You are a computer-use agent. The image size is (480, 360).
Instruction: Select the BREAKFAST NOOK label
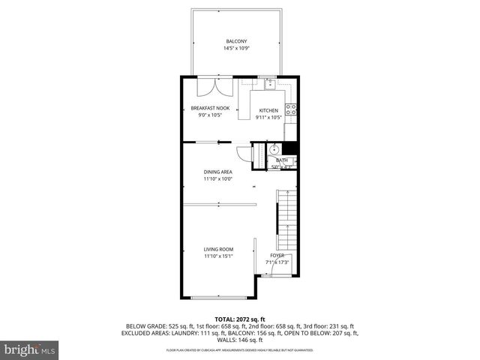(209, 109)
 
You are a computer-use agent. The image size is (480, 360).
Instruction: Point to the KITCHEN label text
(268, 110)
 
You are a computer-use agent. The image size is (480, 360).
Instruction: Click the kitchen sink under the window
(267, 83)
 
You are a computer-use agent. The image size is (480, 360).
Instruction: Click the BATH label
(282, 160)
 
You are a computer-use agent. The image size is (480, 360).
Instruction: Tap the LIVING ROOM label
(219, 249)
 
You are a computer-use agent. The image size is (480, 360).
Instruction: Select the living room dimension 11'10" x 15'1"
(219, 256)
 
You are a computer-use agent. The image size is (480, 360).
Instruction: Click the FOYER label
(277, 256)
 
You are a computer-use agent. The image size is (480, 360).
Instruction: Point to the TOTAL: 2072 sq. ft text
(241, 319)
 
